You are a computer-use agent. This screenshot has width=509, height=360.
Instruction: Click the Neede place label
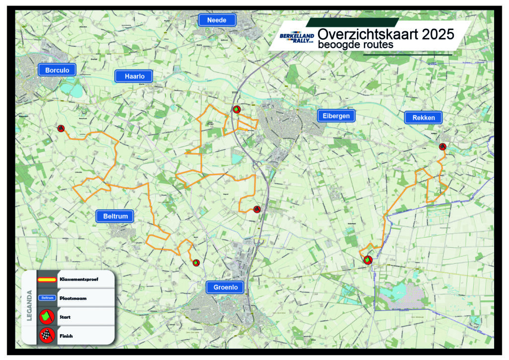(216, 20)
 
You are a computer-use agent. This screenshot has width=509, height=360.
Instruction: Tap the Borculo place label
(57, 70)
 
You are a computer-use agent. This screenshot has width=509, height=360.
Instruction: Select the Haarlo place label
(134, 76)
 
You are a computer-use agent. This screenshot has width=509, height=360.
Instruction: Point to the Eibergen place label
(337, 116)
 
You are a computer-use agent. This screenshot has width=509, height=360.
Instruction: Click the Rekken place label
(423, 118)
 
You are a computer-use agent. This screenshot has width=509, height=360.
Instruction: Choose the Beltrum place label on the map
(115, 216)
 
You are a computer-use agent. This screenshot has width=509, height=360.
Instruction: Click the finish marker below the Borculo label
(61, 129)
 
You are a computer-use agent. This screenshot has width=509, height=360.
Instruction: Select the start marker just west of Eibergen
(237, 109)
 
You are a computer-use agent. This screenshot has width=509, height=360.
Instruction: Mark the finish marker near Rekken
(442, 146)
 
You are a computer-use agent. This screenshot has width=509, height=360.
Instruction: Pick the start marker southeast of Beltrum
(196, 263)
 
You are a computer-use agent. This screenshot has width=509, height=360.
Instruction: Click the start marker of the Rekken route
(367, 260)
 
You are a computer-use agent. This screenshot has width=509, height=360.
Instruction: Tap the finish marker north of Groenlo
(256, 209)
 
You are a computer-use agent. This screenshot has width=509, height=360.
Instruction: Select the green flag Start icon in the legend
(46, 316)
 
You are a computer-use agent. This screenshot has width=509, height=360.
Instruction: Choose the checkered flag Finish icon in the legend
(46, 336)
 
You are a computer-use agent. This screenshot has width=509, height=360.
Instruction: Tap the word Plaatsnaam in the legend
(71, 297)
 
